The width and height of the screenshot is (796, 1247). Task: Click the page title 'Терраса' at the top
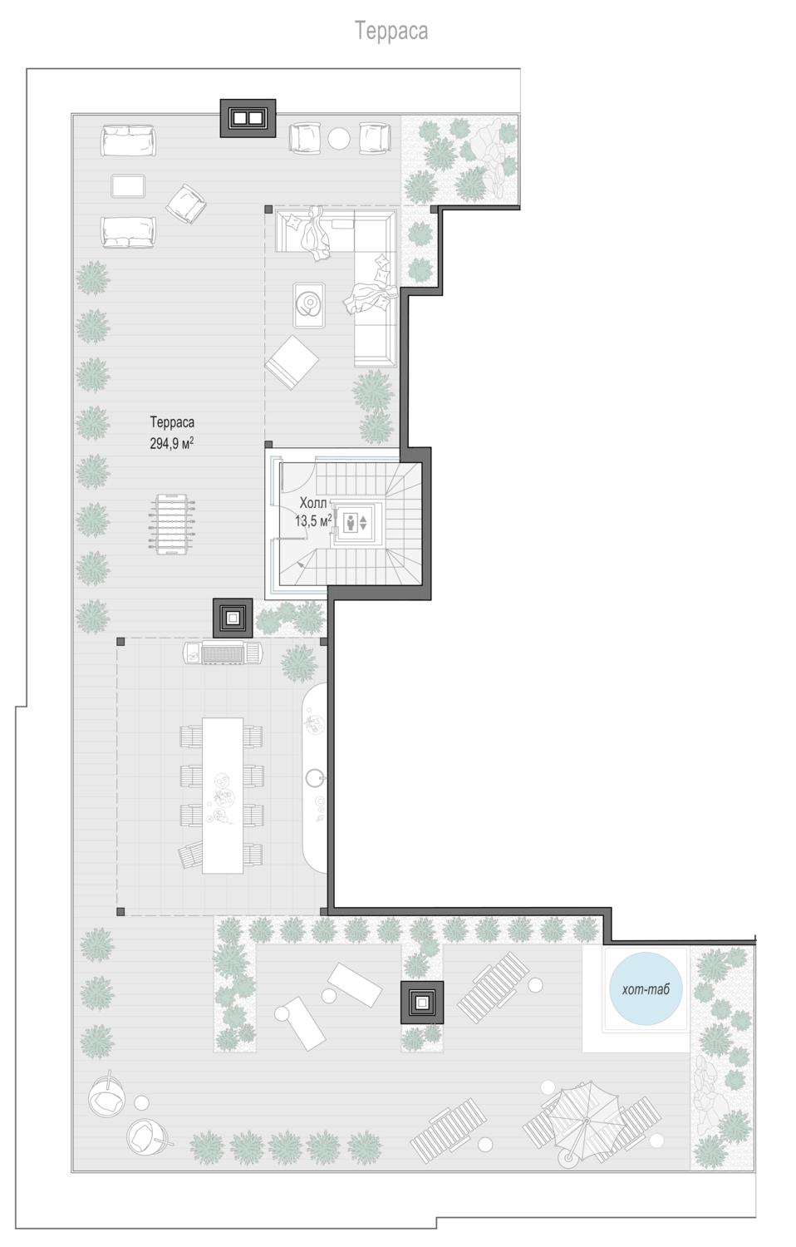click(x=391, y=32)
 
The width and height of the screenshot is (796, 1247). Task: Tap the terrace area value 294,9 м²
click(x=172, y=443)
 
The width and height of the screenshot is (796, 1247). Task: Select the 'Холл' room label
click(x=313, y=503)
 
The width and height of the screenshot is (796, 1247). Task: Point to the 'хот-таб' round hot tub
click(x=646, y=988)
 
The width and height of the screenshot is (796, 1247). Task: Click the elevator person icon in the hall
click(x=351, y=522)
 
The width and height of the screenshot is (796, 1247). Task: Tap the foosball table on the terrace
click(x=173, y=524)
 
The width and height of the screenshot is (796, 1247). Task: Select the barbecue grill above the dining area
click(x=223, y=653)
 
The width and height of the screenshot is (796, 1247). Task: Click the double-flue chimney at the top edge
click(x=248, y=118)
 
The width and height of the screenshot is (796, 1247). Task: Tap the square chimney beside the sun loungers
click(x=422, y=1002)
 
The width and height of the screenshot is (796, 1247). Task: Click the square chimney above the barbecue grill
click(x=233, y=618)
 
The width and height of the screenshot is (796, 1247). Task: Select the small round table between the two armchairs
click(x=339, y=139)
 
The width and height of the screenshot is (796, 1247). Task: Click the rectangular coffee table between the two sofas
click(x=128, y=186)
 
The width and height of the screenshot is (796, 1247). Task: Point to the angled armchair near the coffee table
click(x=186, y=204)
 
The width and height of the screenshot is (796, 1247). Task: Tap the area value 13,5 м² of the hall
click(x=313, y=520)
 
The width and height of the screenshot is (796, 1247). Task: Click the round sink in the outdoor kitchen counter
click(x=316, y=777)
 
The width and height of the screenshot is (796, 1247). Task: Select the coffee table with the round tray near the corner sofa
click(x=309, y=304)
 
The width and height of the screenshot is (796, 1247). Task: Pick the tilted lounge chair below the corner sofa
click(x=292, y=362)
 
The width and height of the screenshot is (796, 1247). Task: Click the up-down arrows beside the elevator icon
click(x=363, y=523)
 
